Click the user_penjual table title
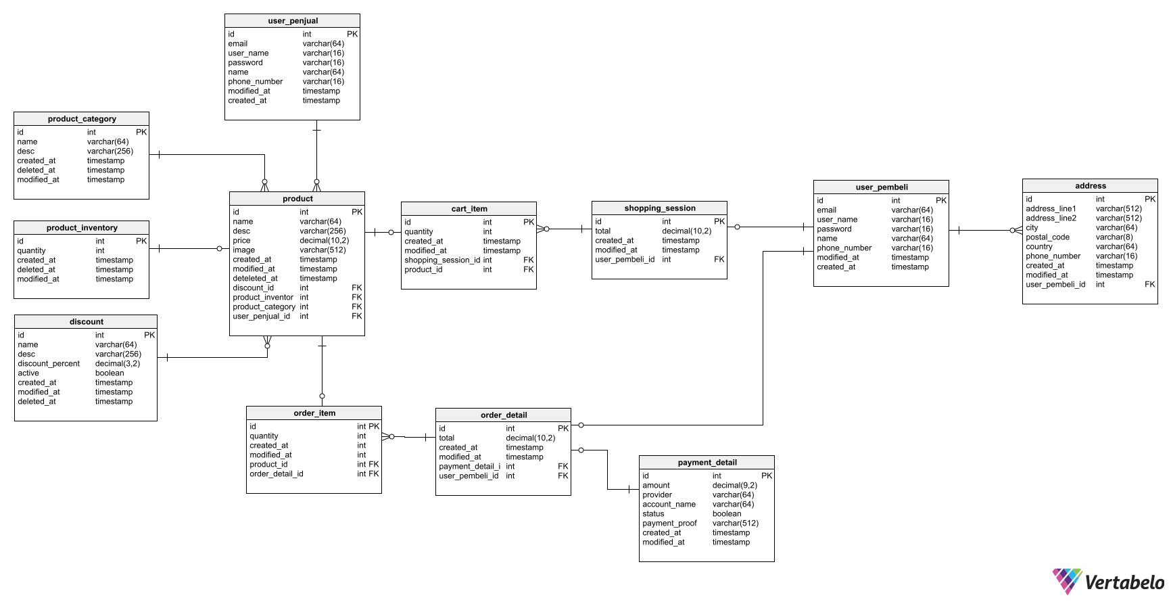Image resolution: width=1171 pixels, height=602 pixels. [x=292, y=21]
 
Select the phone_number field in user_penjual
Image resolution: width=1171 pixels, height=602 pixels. [x=255, y=82]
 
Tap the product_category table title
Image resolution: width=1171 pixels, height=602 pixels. [x=82, y=119]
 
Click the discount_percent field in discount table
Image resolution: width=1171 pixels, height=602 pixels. [x=49, y=364]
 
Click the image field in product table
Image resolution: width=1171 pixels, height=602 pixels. [x=243, y=250]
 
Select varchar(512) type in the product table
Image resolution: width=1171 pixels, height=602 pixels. [x=322, y=250]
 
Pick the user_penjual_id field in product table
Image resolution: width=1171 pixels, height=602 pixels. [x=261, y=317]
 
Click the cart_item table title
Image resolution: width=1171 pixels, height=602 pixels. [x=469, y=209]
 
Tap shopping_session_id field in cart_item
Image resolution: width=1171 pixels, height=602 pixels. [x=442, y=260]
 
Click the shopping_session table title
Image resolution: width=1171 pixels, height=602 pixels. [x=659, y=208]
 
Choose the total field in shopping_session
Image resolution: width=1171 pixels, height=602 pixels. [x=602, y=231]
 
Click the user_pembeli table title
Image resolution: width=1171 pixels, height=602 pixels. [x=881, y=187]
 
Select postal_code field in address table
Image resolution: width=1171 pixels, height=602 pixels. [x=1047, y=237]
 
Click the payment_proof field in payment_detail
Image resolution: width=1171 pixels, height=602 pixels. [x=669, y=524]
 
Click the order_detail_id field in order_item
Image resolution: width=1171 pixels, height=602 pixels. [x=276, y=474]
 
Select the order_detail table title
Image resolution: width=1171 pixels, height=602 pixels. [x=503, y=415]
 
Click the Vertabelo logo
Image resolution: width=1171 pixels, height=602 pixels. [x=1109, y=582]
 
